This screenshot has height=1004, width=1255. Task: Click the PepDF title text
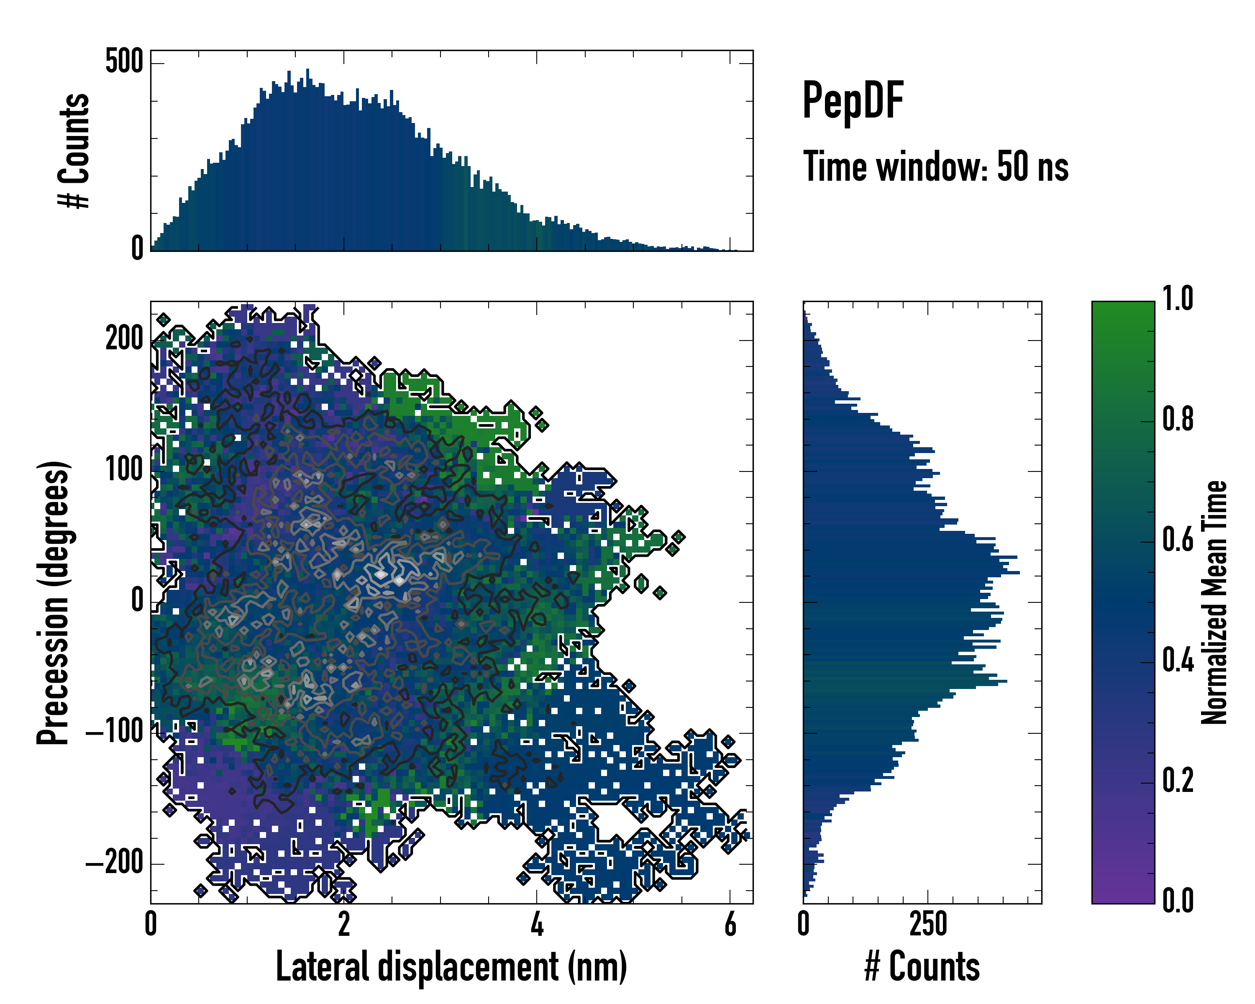[853, 100]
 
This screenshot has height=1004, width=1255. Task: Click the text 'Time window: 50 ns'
[935, 166]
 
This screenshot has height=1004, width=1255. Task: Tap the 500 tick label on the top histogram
[124, 61]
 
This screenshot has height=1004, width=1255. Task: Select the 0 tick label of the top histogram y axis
[137, 248]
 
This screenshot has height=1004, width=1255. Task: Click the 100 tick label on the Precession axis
[124, 469]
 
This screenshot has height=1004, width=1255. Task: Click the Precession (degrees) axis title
[54, 603]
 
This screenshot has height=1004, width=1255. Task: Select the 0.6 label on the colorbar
[1178, 540]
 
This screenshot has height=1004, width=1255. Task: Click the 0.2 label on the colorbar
[1178, 781]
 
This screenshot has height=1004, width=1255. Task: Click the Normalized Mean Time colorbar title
[1214, 602]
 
